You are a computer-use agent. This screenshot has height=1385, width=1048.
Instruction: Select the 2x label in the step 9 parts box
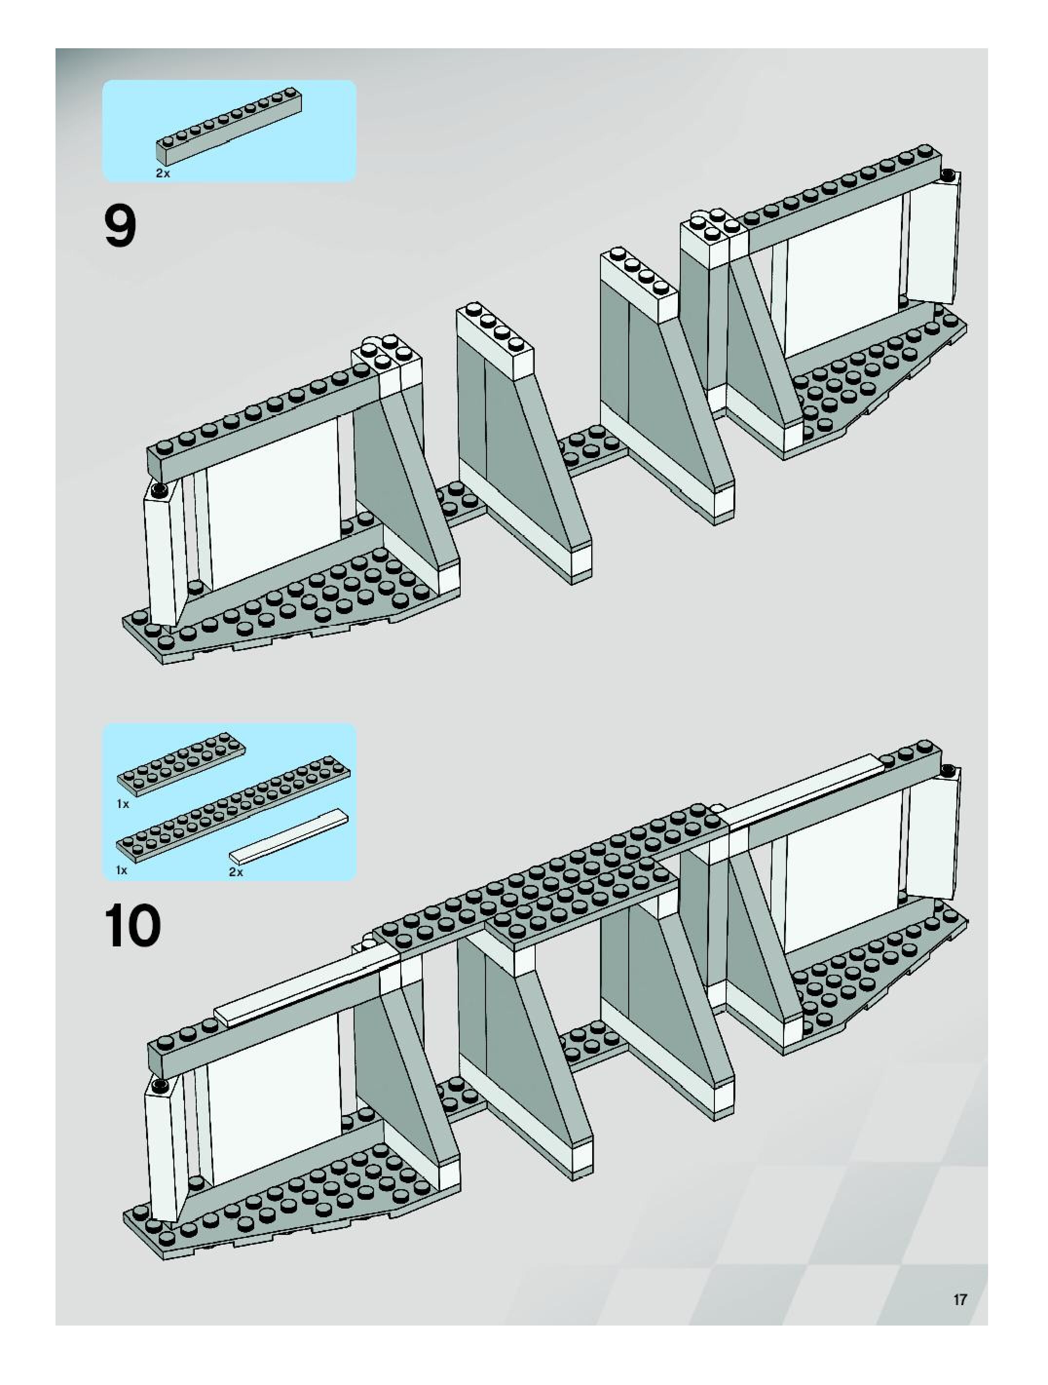[163, 173]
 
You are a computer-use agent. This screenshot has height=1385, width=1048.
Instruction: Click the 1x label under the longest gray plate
[121, 870]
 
